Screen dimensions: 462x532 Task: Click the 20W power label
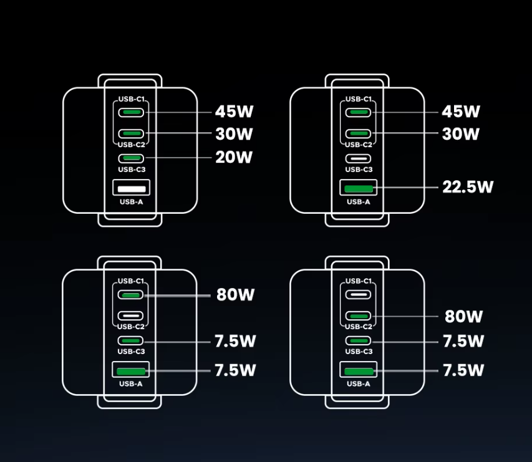[x=234, y=157]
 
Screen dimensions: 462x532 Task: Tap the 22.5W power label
[x=467, y=186]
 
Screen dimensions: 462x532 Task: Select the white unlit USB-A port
[x=131, y=187]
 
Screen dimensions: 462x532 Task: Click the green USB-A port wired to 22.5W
[x=358, y=186]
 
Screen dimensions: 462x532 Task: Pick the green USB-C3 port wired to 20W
[x=131, y=158]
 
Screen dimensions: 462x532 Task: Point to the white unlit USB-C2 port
[x=131, y=315]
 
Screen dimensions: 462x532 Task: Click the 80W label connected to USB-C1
[x=235, y=294]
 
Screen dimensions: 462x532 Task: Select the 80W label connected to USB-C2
[x=463, y=316]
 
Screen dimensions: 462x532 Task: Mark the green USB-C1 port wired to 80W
[x=131, y=294]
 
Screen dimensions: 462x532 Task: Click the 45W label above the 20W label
[x=234, y=112]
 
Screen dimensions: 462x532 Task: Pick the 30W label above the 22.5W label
[x=460, y=133]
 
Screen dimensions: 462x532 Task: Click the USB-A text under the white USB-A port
[x=131, y=202]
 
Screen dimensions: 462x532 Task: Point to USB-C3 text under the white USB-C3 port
[x=359, y=170]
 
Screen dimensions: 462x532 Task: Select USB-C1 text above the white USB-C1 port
[x=359, y=281]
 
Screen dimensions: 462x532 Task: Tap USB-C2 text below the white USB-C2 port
[x=131, y=327]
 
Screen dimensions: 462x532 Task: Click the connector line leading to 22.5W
[x=405, y=186]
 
